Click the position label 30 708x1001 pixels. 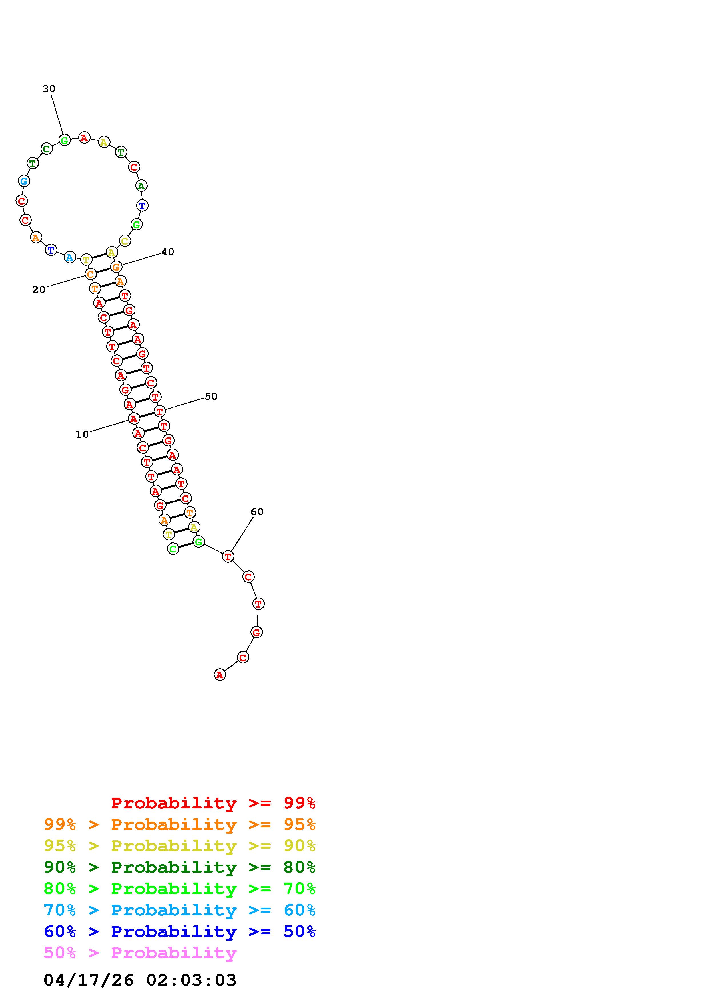click(49, 89)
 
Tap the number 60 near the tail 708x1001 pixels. click(257, 512)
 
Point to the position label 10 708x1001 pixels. click(82, 434)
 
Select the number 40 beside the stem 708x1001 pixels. click(168, 252)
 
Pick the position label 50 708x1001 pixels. click(211, 396)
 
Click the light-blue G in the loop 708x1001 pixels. click(24, 181)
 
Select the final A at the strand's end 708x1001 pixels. click(220, 675)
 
